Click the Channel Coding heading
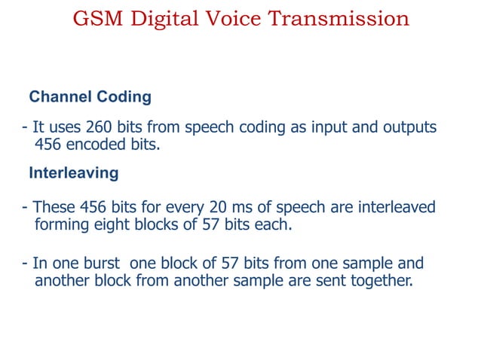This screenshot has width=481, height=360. tap(90, 97)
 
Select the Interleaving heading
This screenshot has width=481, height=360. tap(73, 172)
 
